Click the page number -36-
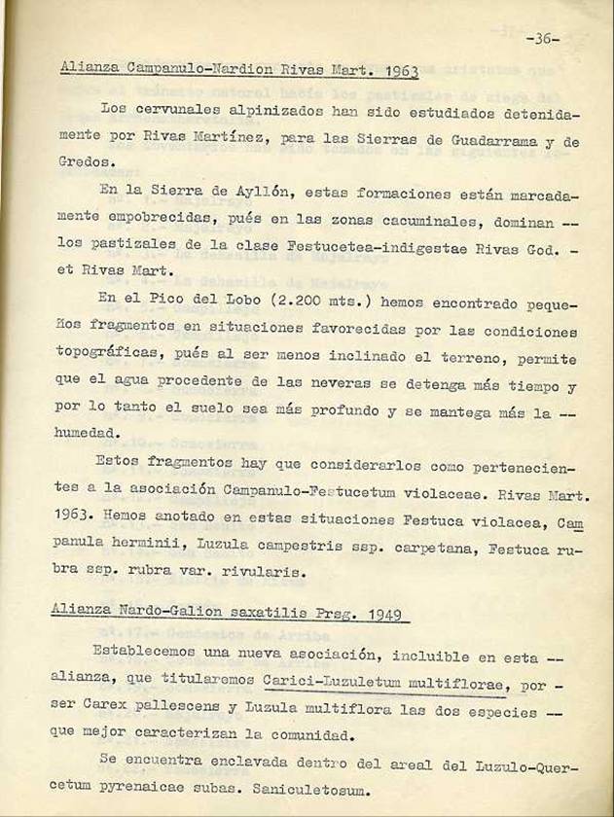pyautogui.click(x=541, y=39)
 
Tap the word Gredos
pyautogui.click(x=80, y=163)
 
